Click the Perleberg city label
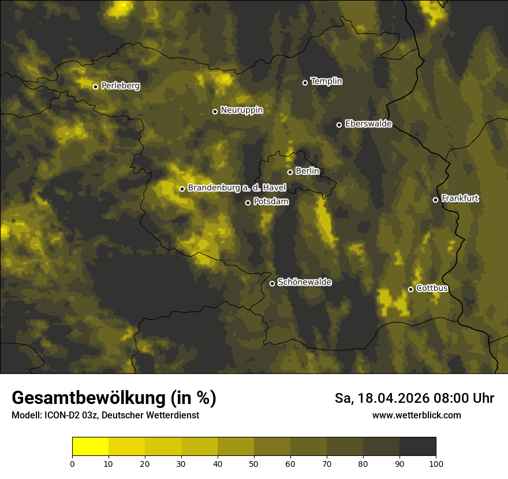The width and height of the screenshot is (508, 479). coord(120,86)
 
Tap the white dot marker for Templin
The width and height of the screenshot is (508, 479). coord(305,83)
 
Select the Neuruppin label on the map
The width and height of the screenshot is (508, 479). coord(241,110)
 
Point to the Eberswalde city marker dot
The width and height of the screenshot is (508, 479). coord(339,125)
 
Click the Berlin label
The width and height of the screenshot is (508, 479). coord(307,171)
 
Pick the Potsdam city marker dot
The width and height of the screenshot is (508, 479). coord(248,203)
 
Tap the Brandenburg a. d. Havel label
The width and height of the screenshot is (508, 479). coord(236,188)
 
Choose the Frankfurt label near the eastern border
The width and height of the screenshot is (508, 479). coord(460,199)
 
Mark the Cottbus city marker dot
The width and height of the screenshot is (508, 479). coord(411,289)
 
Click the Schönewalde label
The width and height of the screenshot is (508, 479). coord(304,282)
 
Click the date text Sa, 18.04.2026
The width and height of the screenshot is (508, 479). coord(380,398)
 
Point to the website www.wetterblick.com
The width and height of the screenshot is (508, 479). coord(416,415)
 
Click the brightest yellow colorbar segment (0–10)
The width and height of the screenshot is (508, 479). coord(91,447)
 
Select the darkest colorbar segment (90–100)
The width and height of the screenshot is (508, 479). coord(417,447)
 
